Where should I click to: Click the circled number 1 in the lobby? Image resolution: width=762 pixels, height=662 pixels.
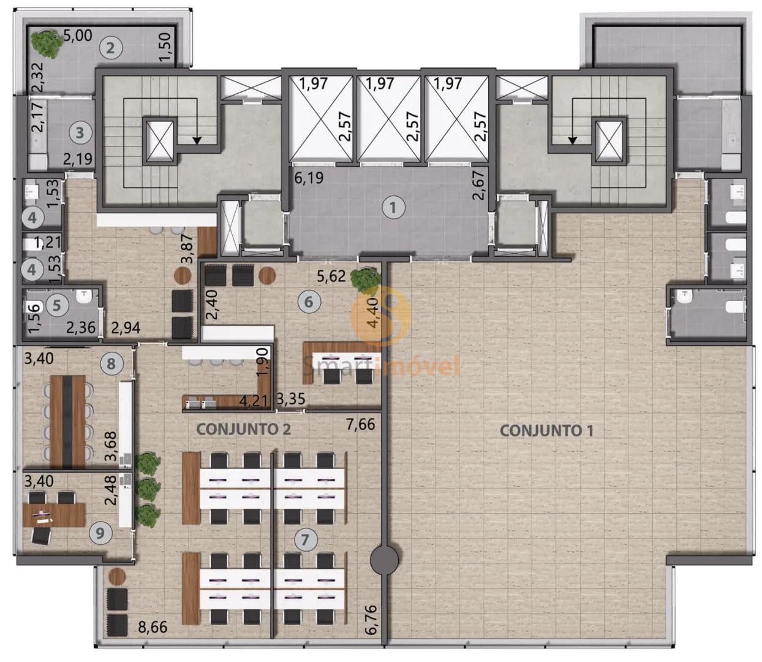(x=393, y=208)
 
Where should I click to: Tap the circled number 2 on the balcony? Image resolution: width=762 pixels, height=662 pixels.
(x=110, y=48)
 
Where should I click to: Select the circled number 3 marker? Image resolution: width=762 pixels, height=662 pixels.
(x=80, y=132)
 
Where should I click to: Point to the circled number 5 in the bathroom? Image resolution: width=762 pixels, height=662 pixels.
(x=56, y=305)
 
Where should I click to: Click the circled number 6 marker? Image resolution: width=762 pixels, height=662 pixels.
(x=309, y=302)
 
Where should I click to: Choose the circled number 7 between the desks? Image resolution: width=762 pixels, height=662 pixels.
(x=306, y=539)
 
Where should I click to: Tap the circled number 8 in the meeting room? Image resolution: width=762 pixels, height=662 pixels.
(x=111, y=363)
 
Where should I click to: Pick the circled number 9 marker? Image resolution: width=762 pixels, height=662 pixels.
(x=100, y=533)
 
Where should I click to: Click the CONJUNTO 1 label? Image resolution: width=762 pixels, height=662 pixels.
(x=546, y=431)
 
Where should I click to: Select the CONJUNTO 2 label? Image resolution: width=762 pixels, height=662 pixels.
(x=243, y=430)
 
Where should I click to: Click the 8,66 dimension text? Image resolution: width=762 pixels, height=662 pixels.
(x=153, y=627)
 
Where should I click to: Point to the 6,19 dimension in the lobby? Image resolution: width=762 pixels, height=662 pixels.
(x=309, y=178)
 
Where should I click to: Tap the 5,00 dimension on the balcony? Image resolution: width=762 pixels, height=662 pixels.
(x=77, y=36)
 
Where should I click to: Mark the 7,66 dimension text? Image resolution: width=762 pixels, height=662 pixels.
(x=361, y=424)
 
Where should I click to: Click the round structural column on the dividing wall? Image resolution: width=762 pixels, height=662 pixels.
(x=384, y=560)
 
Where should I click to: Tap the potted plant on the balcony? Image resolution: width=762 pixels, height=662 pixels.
(x=47, y=44)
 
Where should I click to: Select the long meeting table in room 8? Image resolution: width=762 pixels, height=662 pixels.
(x=68, y=422)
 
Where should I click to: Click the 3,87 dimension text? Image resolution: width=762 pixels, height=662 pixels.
(x=189, y=248)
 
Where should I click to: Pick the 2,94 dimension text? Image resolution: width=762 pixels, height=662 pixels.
(x=126, y=328)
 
